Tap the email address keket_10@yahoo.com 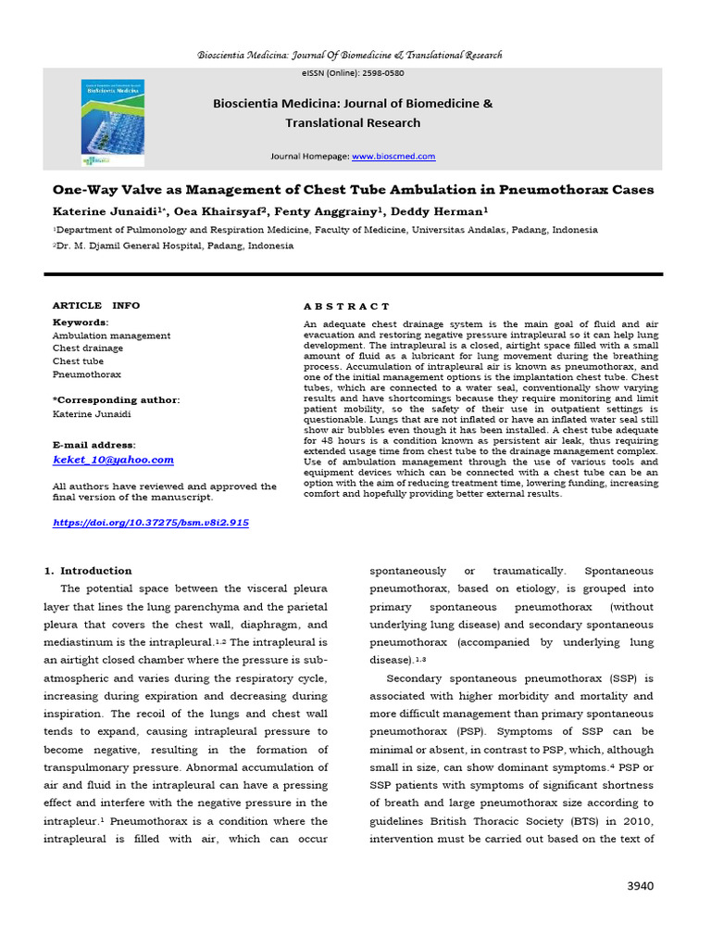(113, 460)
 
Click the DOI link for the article (151, 523)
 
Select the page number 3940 (639, 886)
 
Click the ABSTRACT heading (347, 306)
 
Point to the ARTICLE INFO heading (96, 305)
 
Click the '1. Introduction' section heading (89, 571)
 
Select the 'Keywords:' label (81, 322)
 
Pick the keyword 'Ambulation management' (111, 335)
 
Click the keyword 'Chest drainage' (88, 348)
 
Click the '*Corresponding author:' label (116, 399)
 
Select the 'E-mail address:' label (94, 445)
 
